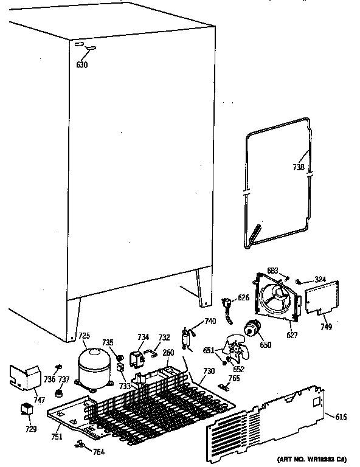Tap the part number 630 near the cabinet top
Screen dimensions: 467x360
point(82,64)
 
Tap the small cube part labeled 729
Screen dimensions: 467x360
point(27,409)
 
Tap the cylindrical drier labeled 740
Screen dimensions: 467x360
point(185,338)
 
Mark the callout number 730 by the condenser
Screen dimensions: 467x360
point(209,372)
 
